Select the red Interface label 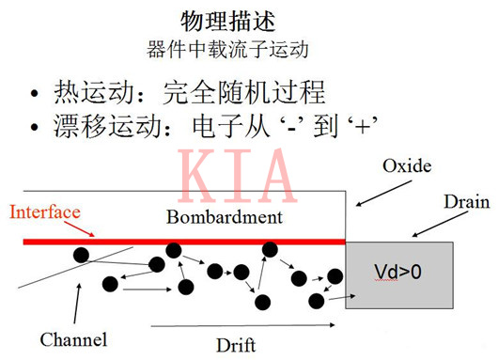click(44, 211)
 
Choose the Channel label click(73, 338)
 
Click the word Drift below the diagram click(235, 344)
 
